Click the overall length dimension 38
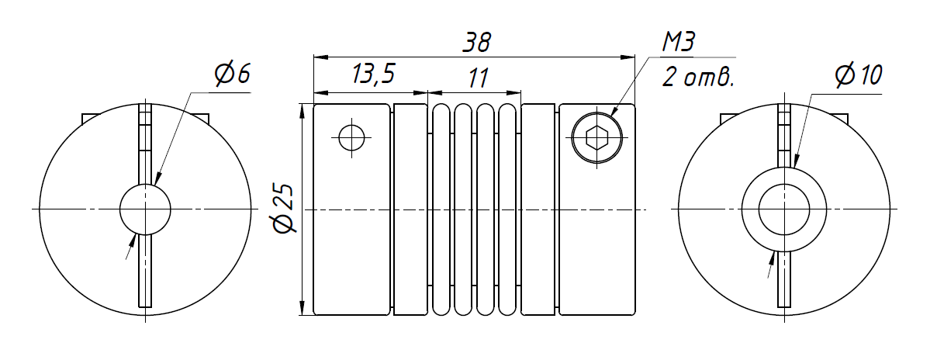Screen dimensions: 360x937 [x=475, y=43]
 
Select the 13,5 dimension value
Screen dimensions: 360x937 [x=373, y=74]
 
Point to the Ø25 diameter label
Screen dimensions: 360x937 [x=284, y=209]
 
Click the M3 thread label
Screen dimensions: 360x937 [x=678, y=43]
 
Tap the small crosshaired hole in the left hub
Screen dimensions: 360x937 [x=351, y=138]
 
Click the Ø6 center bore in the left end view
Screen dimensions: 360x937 [x=145, y=209]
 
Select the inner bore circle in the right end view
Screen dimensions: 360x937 [x=784, y=209]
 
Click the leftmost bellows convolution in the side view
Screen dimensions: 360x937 [x=441, y=209]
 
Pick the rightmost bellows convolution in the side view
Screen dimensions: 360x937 [x=507, y=209]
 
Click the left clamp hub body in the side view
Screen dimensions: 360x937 [x=351, y=233]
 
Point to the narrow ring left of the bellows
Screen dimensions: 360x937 [x=410, y=209]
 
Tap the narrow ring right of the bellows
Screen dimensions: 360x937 [x=538, y=209]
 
